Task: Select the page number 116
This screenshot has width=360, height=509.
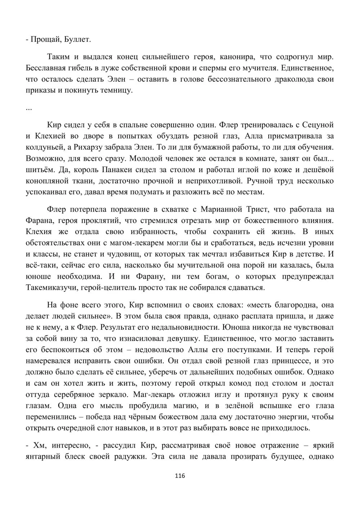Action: click(180, 476)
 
